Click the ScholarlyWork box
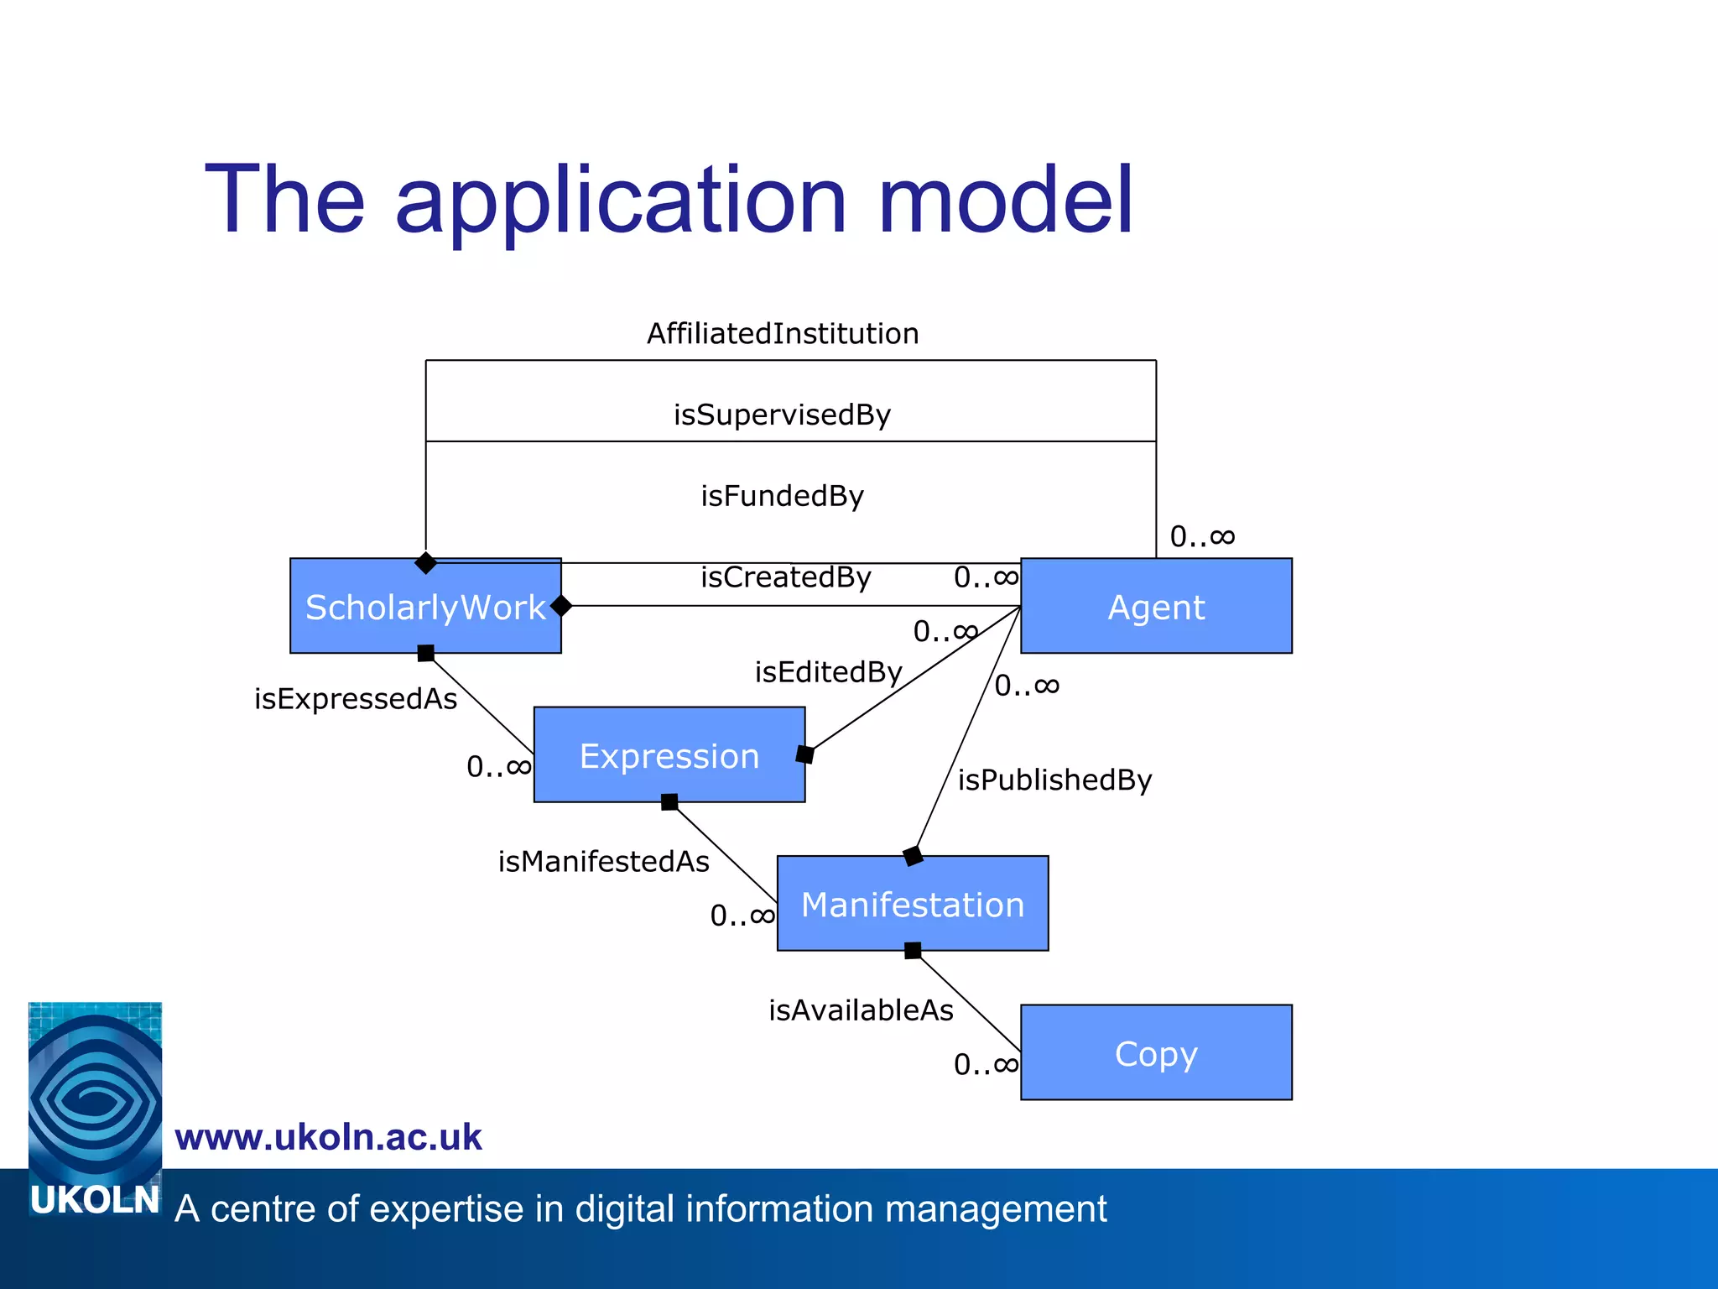click(x=425, y=606)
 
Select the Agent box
click(x=1156, y=606)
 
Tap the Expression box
click(x=669, y=755)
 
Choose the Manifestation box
click(x=913, y=904)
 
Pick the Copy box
click(x=1156, y=1052)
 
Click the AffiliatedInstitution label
click(x=783, y=333)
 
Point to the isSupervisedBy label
click(x=782, y=415)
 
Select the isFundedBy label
click(x=782, y=496)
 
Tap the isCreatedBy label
click(x=786, y=577)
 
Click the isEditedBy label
click(x=828, y=672)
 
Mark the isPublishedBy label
click(x=1054, y=780)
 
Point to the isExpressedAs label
click(x=356, y=699)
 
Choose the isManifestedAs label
click(x=603, y=862)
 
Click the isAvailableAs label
click(x=861, y=1010)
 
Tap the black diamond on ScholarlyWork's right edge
click(x=561, y=606)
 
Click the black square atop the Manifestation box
click(x=913, y=857)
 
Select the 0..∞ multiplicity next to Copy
click(x=986, y=1065)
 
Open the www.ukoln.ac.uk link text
click(x=328, y=1137)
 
